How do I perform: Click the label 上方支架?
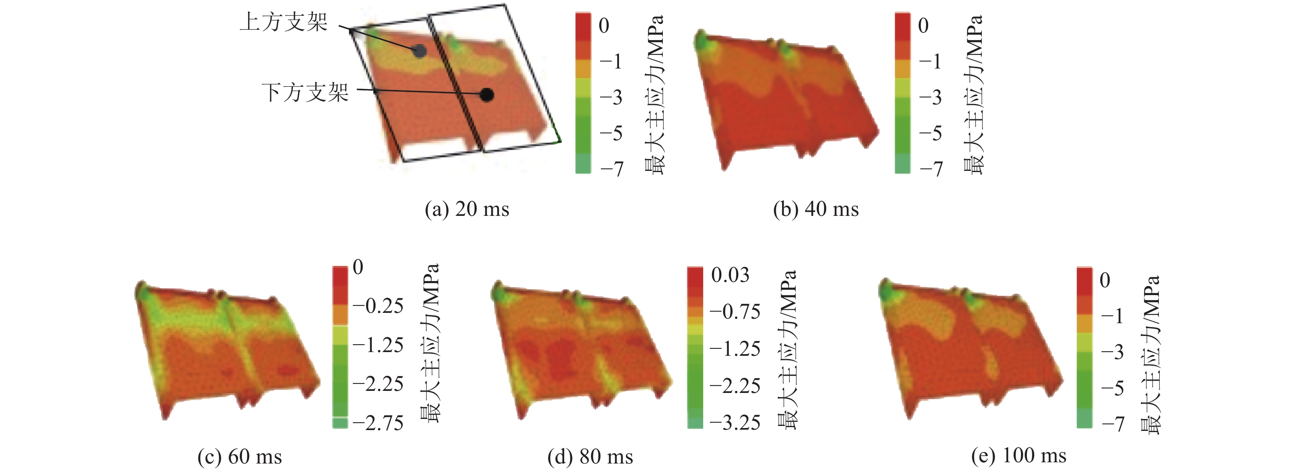coord(284,23)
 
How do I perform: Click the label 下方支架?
coord(305,93)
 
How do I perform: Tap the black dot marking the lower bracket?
coord(487,95)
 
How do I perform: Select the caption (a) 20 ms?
coord(467,209)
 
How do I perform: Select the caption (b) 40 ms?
coord(815,209)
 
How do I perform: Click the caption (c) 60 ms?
coord(240,456)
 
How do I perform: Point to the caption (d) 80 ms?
coord(590,456)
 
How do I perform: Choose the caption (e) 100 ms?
coord(1019,455)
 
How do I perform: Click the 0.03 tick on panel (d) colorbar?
coord(730,275)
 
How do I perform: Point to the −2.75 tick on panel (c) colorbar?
coord(378,423)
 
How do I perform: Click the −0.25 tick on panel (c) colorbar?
coord(378,306)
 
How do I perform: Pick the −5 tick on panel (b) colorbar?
coord(930,133)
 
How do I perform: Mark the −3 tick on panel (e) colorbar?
coord(1112,352)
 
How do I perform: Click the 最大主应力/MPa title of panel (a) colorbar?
coord(655,95)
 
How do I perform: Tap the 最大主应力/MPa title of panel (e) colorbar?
coord(1150,355)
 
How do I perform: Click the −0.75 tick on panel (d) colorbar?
coord(735,312)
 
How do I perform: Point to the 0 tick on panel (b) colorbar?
coord(923,25)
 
